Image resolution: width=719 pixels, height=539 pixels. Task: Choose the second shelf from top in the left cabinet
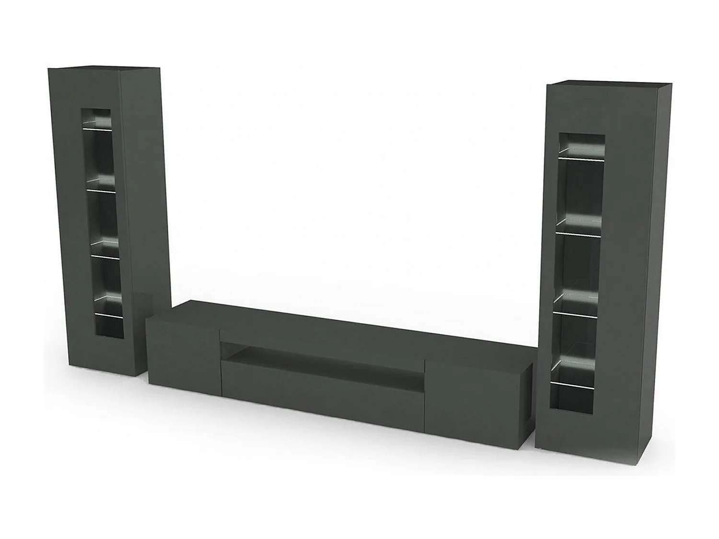tap(102, 191)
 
